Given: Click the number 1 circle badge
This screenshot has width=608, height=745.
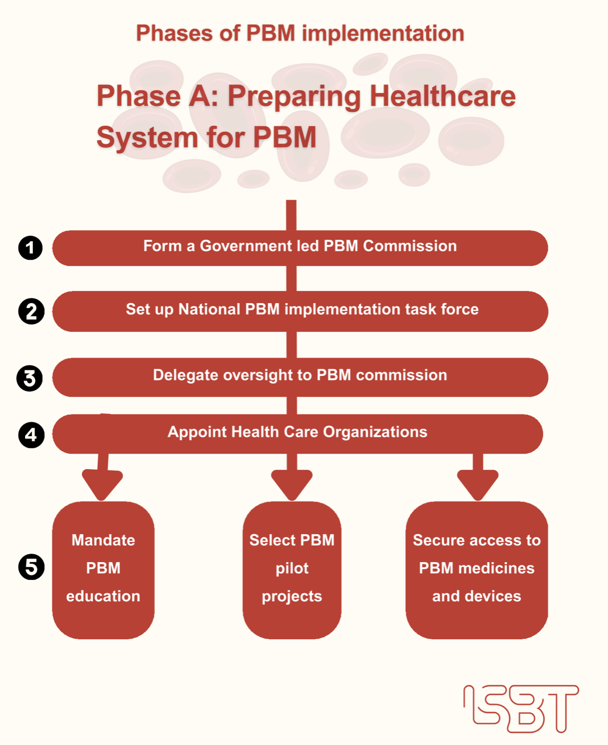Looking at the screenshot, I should click(30, 248).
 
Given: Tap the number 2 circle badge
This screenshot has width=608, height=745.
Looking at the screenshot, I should click(31, 312).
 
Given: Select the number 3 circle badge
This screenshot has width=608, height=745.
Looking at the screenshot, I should click(30, 378).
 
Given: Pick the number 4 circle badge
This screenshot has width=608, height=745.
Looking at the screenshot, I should click(31, 435).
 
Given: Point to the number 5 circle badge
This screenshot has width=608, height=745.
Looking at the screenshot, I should click(31, 567).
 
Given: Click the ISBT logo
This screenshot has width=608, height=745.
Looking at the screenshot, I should click(521, 708).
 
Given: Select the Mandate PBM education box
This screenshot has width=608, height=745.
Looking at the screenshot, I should click(103, 569).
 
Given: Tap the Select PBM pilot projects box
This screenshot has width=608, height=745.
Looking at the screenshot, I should click(292, 569).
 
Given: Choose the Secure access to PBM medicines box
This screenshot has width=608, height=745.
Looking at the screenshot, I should click(477, 569).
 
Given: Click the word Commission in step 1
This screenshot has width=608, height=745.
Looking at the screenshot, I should click(410, 246).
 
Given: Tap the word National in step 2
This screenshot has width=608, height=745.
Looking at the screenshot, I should click(209, 309).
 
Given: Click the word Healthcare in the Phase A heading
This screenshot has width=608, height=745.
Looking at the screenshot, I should click(443, 96).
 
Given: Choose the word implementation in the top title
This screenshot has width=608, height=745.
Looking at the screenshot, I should click(383, 34).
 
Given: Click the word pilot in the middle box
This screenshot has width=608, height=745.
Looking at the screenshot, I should click(292, 568).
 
